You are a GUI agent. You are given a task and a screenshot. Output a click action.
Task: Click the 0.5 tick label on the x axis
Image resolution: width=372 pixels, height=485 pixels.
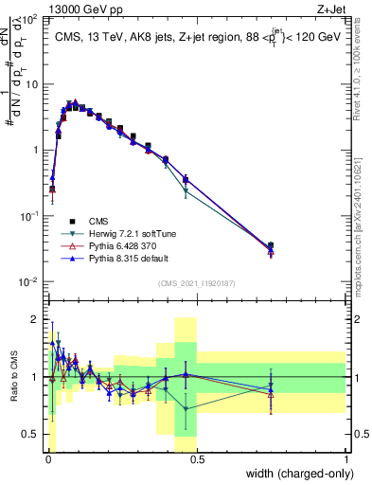pos(196,458)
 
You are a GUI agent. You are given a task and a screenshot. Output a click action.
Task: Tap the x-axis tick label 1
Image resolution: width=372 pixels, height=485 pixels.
pos(346,458)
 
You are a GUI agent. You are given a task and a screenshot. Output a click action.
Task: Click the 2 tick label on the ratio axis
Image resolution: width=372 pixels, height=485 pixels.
pos(34,318)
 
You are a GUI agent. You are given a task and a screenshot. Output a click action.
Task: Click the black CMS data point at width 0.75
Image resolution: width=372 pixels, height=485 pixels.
pos(271,246)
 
